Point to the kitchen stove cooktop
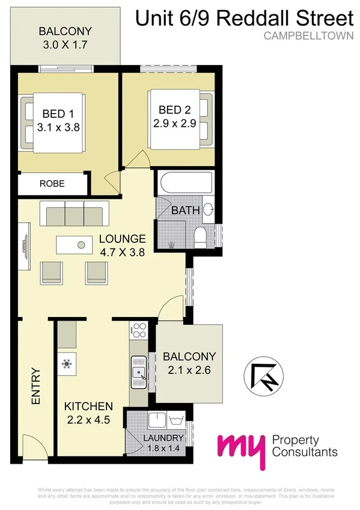tap(139, 330)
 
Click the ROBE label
tap(52, 184)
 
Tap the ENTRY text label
tap(35, 386)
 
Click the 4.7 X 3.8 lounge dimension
tap(123, 253)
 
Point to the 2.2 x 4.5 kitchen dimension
tap(87, 420)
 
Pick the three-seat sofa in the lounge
tap(74, 214)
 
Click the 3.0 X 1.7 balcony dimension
tap(66, 45)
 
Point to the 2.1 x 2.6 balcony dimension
tap(189, 370)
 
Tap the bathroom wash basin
tap(208, 209)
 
